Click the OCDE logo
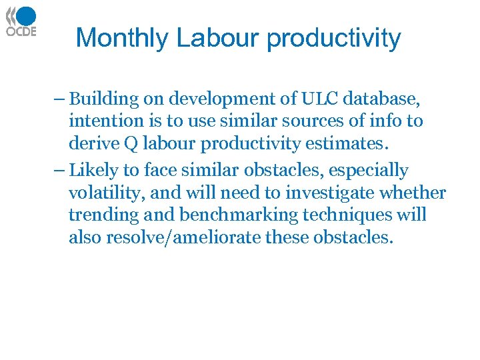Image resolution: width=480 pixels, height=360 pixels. click(x=21, y=22)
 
